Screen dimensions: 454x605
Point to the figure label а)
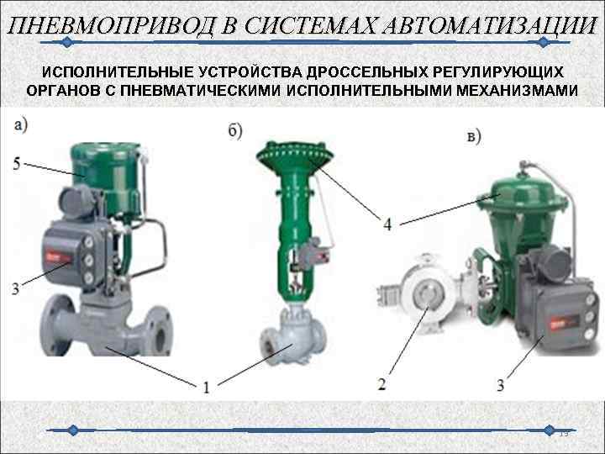(x=20, y=125)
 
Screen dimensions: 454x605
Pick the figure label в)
(x=473, y=135)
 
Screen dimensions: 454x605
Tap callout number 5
(x=18, y=163)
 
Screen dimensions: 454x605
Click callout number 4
(x=387, y=224)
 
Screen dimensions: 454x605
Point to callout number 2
(x=382, y=384)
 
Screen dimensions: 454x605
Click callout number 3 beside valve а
(x=16, y=288)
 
